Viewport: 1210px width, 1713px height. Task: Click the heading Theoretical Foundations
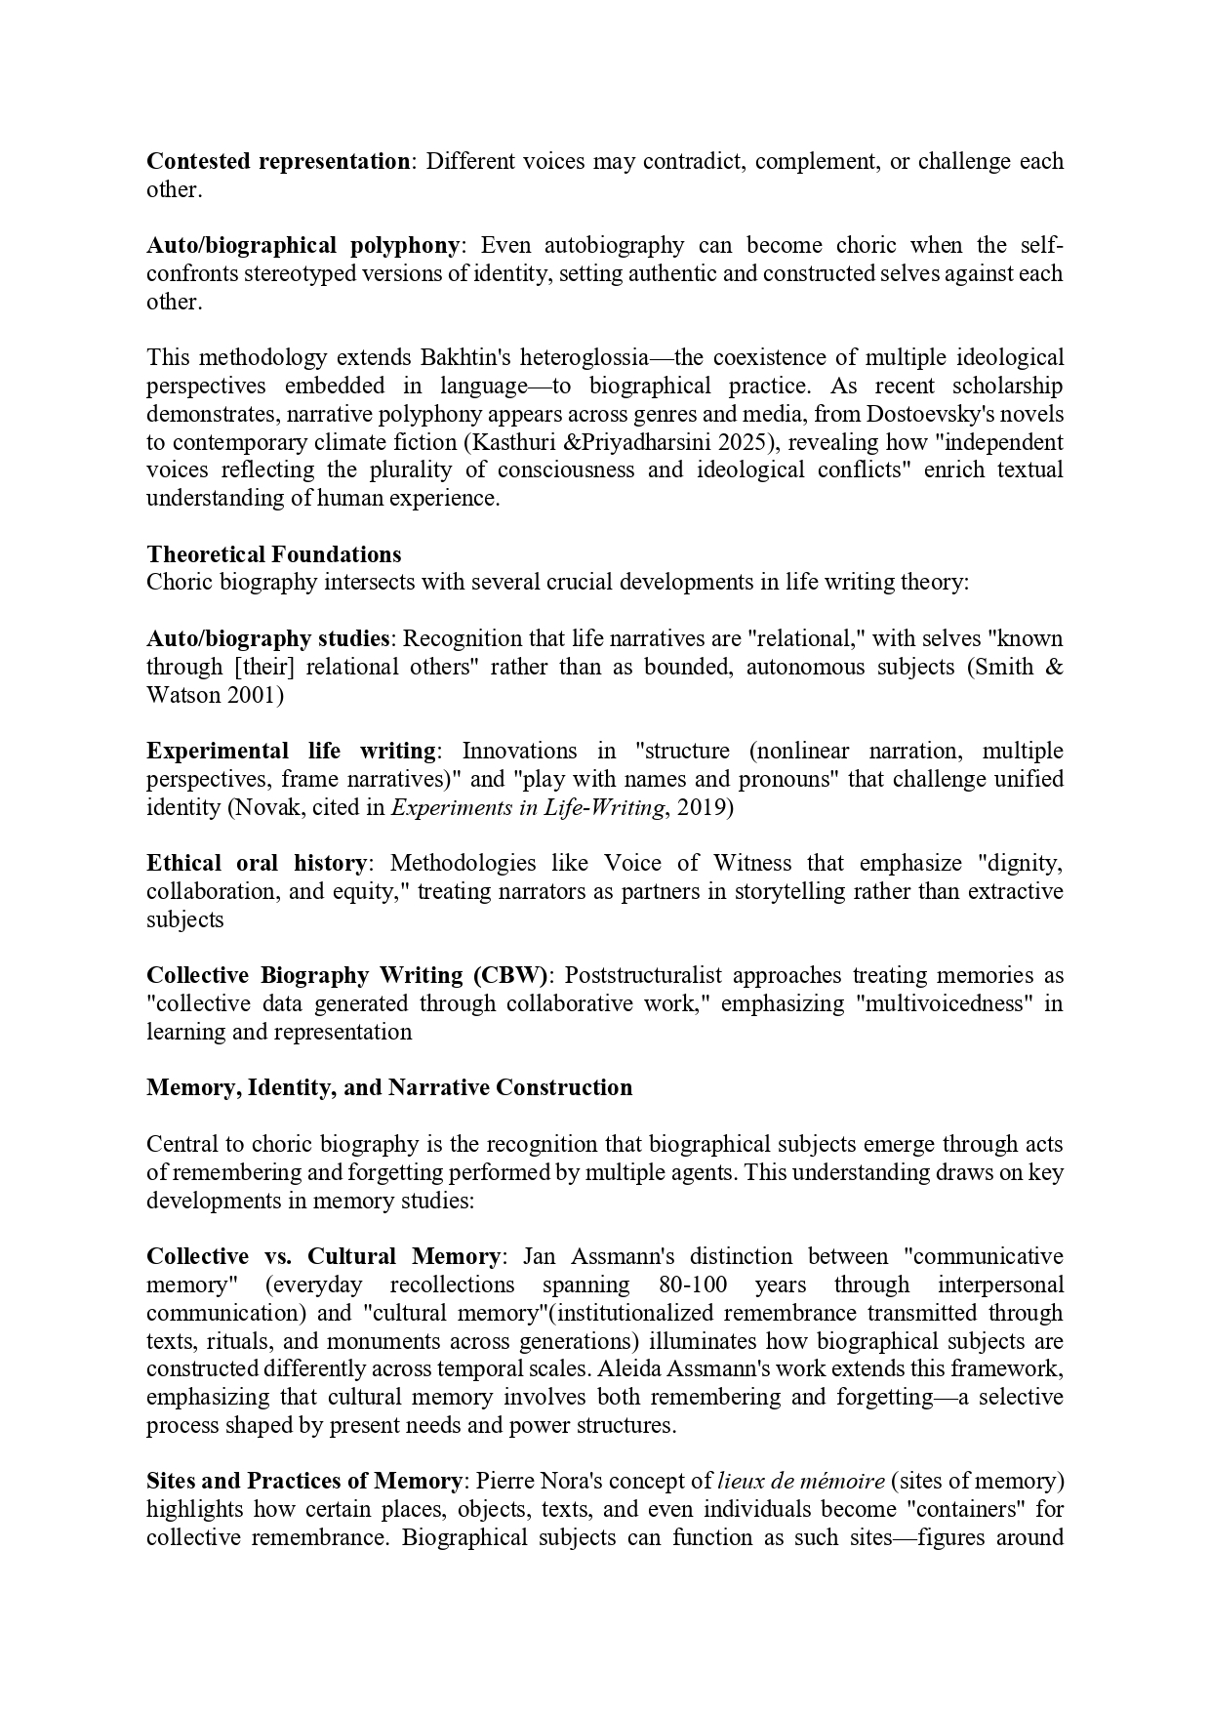273,554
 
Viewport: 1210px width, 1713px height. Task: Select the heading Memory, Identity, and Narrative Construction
389,1087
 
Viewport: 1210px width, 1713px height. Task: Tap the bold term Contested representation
278,161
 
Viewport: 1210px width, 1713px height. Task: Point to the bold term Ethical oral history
257,863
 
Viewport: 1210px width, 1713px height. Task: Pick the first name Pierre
506,1481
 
